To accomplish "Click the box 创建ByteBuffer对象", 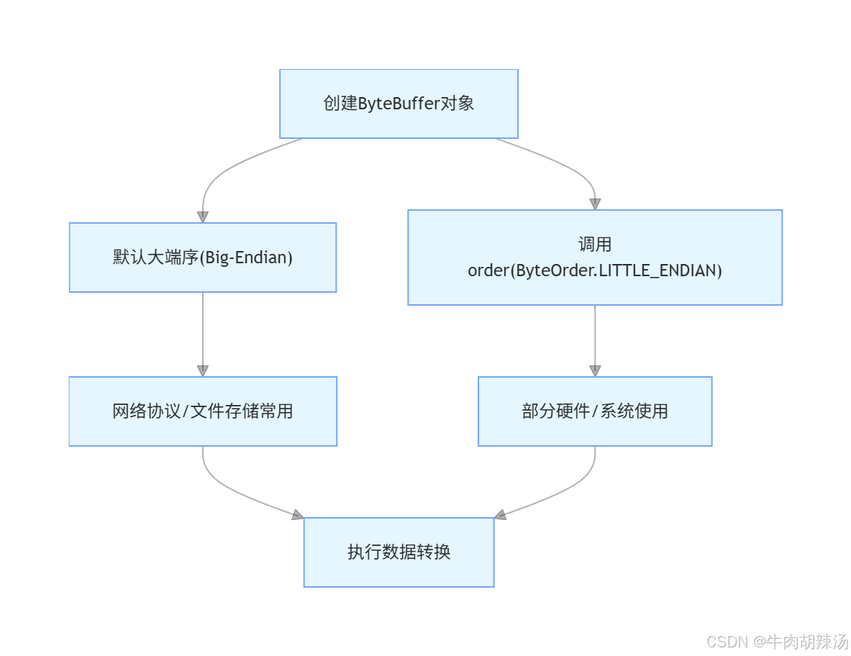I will pos(399,104).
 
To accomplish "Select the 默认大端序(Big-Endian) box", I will pos(203,258).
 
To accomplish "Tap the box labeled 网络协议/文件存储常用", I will pos(203,411).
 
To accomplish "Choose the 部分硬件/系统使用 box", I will pos(595,411).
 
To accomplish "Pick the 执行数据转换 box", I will pos(399,552).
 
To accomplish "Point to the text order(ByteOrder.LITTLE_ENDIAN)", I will pos(595,271).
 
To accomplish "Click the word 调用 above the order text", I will pos(595,245).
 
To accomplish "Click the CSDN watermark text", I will pos(728,642).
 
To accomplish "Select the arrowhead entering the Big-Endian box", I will pos(203,217).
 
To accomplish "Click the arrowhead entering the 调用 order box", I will pos(595,204).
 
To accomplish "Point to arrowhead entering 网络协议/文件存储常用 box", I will pos(203,370).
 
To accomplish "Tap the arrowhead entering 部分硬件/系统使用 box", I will pos(595,370).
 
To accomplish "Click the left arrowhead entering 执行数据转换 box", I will pos(297,514).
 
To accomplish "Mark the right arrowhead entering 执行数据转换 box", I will pos(501,514).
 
